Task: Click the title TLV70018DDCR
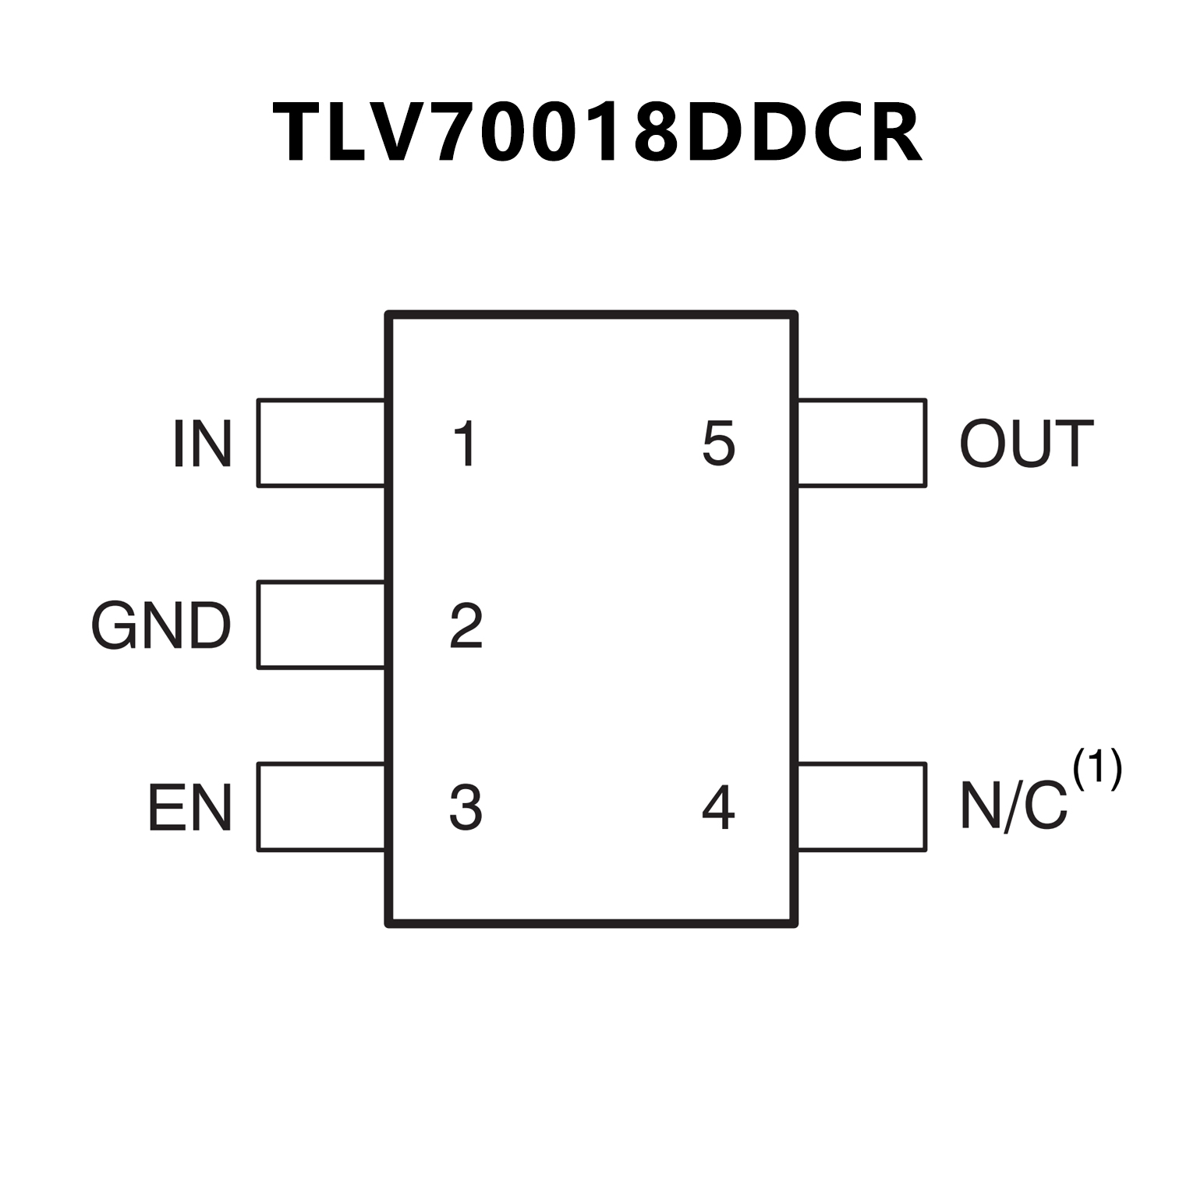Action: coord(597,133)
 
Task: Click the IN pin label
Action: coord(202,444)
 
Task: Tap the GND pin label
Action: coord(161,625)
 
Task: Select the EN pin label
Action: coord(189,808)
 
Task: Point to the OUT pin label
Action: coord(1026,444)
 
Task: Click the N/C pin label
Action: coord(1013,806)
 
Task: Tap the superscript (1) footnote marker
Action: coord(1097,769)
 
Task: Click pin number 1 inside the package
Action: coord(466,444)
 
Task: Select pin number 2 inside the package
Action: coord(466,625)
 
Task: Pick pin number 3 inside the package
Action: coord(466,808)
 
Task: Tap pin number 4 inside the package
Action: coord(718,808)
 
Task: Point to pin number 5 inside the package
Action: coord(718,444)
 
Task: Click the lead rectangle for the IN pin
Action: coord(321,443)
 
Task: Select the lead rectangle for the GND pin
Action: coord(321,625)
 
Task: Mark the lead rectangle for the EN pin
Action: coord(321,807)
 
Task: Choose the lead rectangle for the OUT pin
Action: coord(862,443)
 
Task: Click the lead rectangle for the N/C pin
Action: coord(862,807)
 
